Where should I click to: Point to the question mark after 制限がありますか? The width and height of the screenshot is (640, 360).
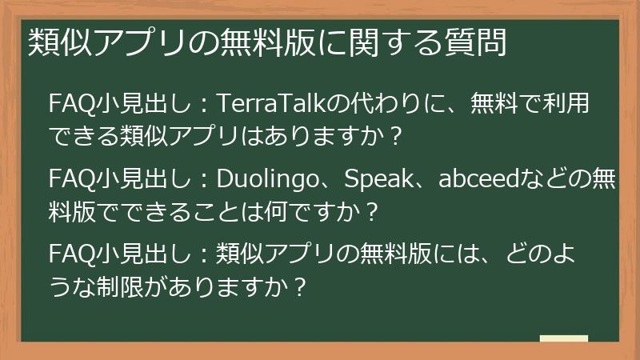click(300, 285)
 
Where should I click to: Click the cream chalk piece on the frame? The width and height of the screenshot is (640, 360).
click(564, 339)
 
